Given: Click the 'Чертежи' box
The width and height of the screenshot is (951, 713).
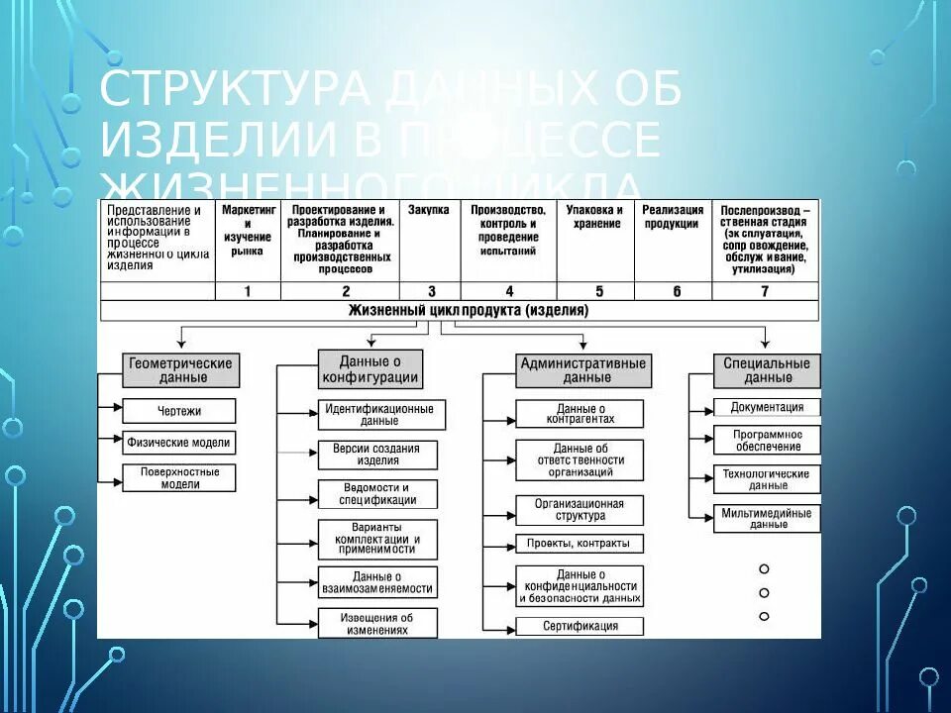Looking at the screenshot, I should pos(178,411).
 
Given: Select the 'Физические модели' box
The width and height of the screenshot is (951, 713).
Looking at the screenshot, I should pos(178,443).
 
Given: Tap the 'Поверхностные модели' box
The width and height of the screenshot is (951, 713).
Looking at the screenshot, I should pos(178,478).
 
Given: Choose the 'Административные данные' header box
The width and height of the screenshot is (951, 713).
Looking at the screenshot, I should pos(583,369).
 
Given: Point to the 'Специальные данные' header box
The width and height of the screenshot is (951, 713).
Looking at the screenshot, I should pos(767,369).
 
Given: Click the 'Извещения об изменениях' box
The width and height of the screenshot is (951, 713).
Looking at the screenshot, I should pos(375,623).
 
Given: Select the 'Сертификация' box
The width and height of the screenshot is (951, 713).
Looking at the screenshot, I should pos(580,626).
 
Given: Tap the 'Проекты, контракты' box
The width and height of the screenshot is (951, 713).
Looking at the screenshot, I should pos(580,544).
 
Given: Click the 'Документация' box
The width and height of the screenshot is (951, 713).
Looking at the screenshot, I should pos(767,407).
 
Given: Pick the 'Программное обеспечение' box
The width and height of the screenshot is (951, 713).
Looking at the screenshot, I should pos(767,441).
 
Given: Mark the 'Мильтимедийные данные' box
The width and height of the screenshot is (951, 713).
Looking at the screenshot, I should pos(767,518).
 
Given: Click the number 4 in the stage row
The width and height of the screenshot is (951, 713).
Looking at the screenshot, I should pos(509,291).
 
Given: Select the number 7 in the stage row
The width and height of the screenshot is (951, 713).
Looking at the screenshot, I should pos(764,291).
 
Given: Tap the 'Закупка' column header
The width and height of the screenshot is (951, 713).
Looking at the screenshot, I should pos(429,210).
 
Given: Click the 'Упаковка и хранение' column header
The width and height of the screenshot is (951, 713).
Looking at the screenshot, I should pos(594,216).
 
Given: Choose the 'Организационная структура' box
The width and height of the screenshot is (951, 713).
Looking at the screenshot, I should pos(580,510).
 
